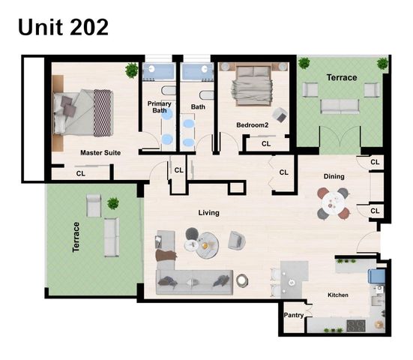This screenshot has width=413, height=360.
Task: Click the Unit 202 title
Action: point(64,27)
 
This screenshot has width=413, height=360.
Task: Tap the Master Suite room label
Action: point(100,152)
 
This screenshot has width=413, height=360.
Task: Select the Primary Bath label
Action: point(159,107)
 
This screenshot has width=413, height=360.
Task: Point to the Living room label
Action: point(208,212)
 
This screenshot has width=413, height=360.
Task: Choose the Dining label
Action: point(334,176)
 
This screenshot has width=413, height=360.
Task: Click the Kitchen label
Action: point(338,295)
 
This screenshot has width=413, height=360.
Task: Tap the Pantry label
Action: point(293,315)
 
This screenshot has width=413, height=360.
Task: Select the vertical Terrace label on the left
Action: point(76,236)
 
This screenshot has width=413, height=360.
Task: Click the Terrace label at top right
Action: point(341,77)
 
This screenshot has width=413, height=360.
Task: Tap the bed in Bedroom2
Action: point(251,84)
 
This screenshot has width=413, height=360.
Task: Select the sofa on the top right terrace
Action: point(340,105)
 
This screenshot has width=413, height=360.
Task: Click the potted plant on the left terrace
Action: point(113,202)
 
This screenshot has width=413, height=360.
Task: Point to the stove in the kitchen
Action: point(355,325)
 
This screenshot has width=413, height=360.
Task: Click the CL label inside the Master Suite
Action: point(80,173)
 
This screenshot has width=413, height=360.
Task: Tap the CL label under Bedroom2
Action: point(266,144)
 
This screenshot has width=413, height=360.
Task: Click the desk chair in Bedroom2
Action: point(280,115)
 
